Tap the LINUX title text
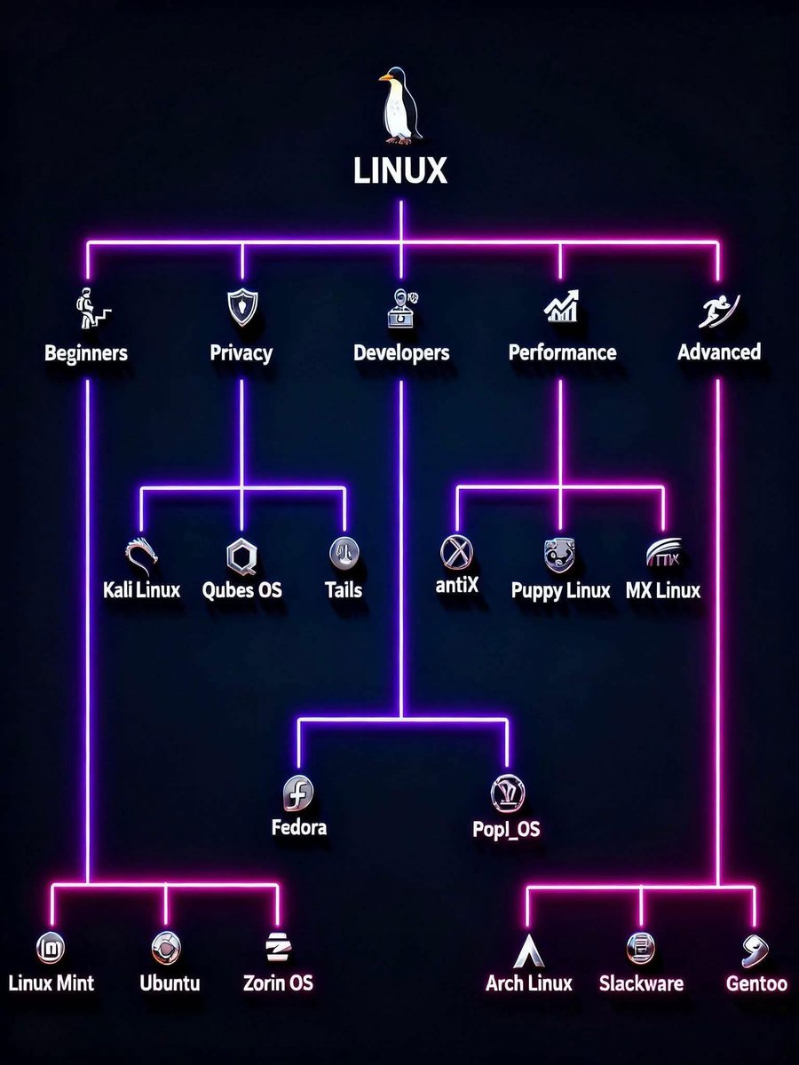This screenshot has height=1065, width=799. click(400, 170)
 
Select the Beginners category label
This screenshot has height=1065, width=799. click(86, 353)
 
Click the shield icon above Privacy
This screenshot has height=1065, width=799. click(241, 307)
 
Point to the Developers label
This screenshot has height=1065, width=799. click(401, 353)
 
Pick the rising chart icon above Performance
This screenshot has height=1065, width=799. click(561, 307)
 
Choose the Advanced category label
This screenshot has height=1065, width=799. click(719, 352)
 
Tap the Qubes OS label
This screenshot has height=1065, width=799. click(242, 590)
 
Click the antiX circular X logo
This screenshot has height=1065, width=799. click(456, 553)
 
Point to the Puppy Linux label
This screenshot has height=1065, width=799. click(561, 590)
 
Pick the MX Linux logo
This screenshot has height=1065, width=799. click(663, 555)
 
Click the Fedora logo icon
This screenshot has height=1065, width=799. click(298, 790)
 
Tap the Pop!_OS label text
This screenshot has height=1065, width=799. click(507, 830)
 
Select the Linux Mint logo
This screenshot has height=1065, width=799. click(51, 948)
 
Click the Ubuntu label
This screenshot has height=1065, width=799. click(170, 983)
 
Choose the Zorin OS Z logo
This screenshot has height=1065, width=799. click(278, 948)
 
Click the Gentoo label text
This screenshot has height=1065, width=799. click(756, 983)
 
